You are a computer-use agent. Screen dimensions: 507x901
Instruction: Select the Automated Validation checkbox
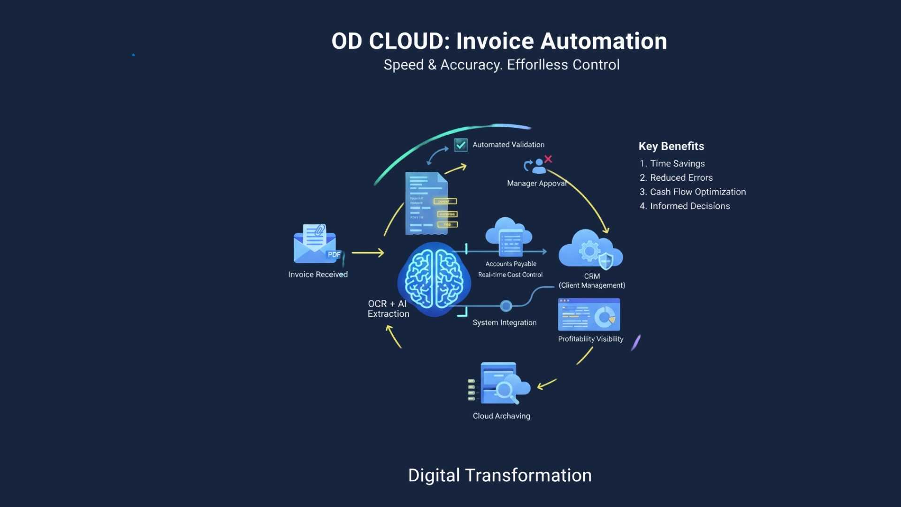461,145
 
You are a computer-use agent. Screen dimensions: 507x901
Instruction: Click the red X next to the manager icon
548,159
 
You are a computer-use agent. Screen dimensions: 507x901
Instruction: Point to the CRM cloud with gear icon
590,250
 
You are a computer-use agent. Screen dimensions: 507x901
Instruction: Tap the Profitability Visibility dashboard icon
589,315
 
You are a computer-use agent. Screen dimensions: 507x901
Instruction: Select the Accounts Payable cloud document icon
509,237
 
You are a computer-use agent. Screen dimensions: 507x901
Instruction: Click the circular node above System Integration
506,306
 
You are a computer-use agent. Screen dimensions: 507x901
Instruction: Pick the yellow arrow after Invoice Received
368,253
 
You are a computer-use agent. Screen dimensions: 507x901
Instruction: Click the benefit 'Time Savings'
677,163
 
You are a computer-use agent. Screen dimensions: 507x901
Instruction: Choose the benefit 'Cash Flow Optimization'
697,192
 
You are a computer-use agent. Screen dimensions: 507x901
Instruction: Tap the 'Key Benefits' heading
671,146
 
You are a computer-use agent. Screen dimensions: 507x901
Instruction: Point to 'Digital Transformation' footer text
500,476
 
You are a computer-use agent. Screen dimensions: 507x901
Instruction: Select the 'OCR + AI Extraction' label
388,309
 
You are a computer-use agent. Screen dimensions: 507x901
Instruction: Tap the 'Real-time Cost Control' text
510,275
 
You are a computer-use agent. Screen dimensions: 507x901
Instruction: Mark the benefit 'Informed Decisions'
689,206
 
